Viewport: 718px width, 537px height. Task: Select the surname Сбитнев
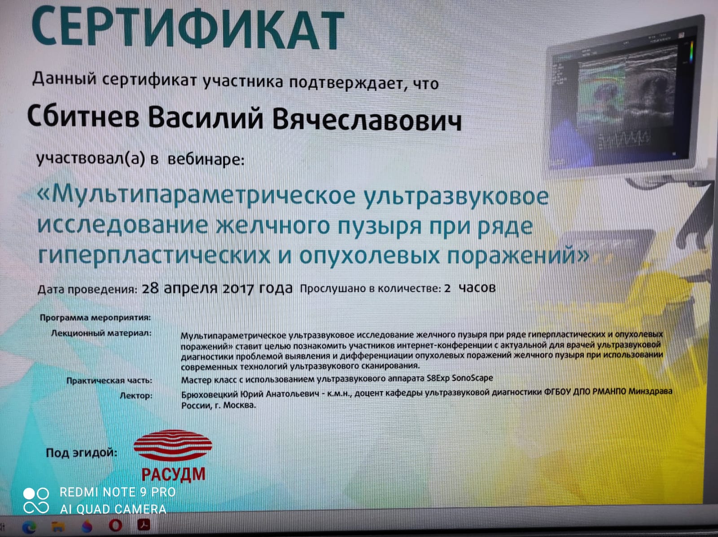coord(83,116)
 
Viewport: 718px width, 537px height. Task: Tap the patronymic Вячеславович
coord(367,119)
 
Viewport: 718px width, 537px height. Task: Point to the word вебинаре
coord(206,160)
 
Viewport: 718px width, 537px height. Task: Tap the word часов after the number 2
coord(477,288)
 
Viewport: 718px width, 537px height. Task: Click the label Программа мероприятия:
coord(96,317)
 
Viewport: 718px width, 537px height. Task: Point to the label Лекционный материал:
coord(101,333)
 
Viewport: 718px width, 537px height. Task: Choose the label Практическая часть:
coord(109,380)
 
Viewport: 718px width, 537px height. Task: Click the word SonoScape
coord(472,378)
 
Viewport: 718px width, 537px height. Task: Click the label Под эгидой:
coord(82,453)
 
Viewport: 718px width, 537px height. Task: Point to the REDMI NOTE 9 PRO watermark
coord(118,492)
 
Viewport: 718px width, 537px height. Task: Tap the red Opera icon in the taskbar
coord(115,525)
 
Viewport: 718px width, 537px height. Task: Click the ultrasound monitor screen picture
coord(626,98)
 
